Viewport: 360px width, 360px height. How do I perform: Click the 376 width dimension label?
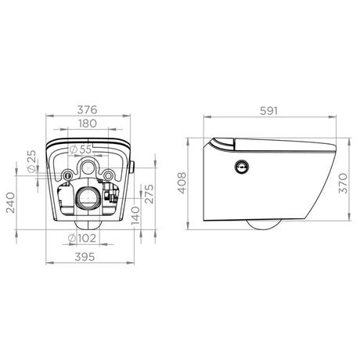[x=87, y=110]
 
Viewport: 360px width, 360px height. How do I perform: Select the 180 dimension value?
[x=87, y=124]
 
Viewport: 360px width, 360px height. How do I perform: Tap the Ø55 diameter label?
[x=81, y=149]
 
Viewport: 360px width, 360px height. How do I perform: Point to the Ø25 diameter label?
[x=31, y=161]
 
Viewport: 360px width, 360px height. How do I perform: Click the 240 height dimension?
[x=11, y=203]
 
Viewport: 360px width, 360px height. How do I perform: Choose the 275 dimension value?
[x=149, y=194]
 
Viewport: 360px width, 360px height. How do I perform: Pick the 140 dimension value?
[x=135, y=216]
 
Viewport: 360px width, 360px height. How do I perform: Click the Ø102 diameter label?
[x=82, y=238]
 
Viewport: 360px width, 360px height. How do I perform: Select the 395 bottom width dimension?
[x=85, y=257]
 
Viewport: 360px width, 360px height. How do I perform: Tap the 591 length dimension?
[x=269, y=111]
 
